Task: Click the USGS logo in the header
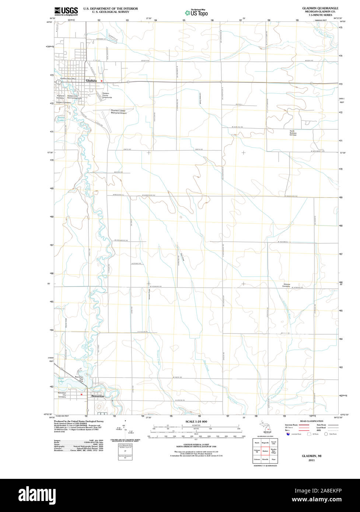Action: tap(66, 11)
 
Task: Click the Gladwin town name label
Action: tap(91, 80)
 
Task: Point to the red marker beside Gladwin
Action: tap(101, 81)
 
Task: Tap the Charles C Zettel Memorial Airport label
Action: tap(119, 112)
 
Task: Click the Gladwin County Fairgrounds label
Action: tap(107, 95)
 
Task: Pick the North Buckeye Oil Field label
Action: tap(293, 133)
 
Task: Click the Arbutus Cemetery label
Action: tap(287, 285)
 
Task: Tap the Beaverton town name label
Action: tap(98, 396)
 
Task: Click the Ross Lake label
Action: tap(61, 380)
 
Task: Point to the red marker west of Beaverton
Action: tap(81, 394)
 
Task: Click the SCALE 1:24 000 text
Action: tap(196, 421)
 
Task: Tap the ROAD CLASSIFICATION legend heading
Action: tap(311, 421)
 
